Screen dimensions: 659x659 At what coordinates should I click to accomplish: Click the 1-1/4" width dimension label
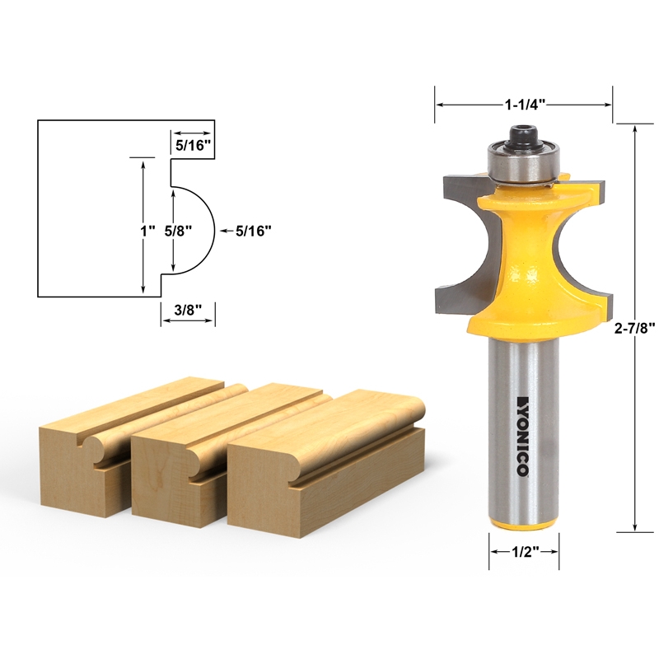(x=524, y=105)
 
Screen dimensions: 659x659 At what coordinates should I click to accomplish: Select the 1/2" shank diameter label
(x=525, y=552)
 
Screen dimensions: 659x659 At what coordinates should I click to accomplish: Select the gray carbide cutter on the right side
(x=587, y=247)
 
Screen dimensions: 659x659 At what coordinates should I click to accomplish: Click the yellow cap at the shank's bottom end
(x=524, y=525)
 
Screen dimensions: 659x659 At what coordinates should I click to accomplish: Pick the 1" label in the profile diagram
(x=148, y=231)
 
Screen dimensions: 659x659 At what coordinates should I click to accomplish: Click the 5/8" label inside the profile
(x=178, y=231)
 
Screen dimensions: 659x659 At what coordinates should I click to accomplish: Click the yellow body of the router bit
(x=524, y=264)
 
